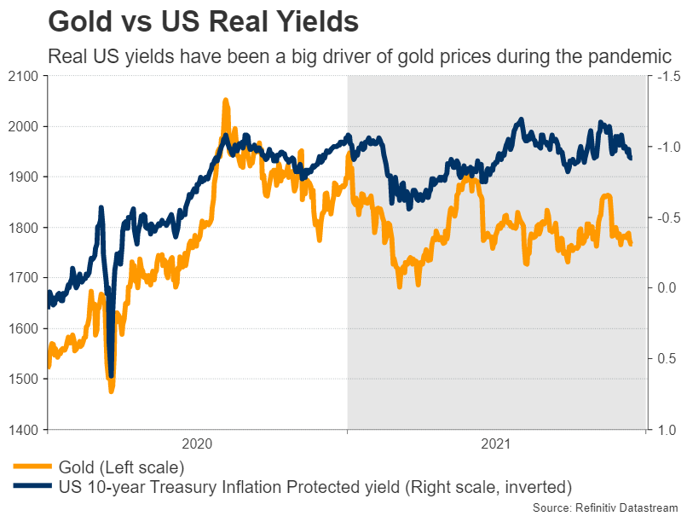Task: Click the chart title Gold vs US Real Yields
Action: [x=203, y=20]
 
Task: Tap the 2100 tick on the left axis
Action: [x=24, y=77]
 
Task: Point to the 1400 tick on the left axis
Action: [x=24, y=429]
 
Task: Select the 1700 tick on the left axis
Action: [x=24, y=278]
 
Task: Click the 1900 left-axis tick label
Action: [x=24, y=177]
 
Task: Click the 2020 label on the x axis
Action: [x=197, y=444]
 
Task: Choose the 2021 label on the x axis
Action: [x=496, y=444]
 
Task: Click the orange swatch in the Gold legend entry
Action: [x=32, y=467]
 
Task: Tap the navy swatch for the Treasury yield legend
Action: [x=32, y=487]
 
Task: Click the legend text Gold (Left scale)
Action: [x=121, y=467]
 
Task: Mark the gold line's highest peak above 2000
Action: [x=225, y=101]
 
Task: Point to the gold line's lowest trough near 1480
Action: [x=111, y=391]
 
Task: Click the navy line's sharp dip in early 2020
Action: [x=111, y=374]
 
